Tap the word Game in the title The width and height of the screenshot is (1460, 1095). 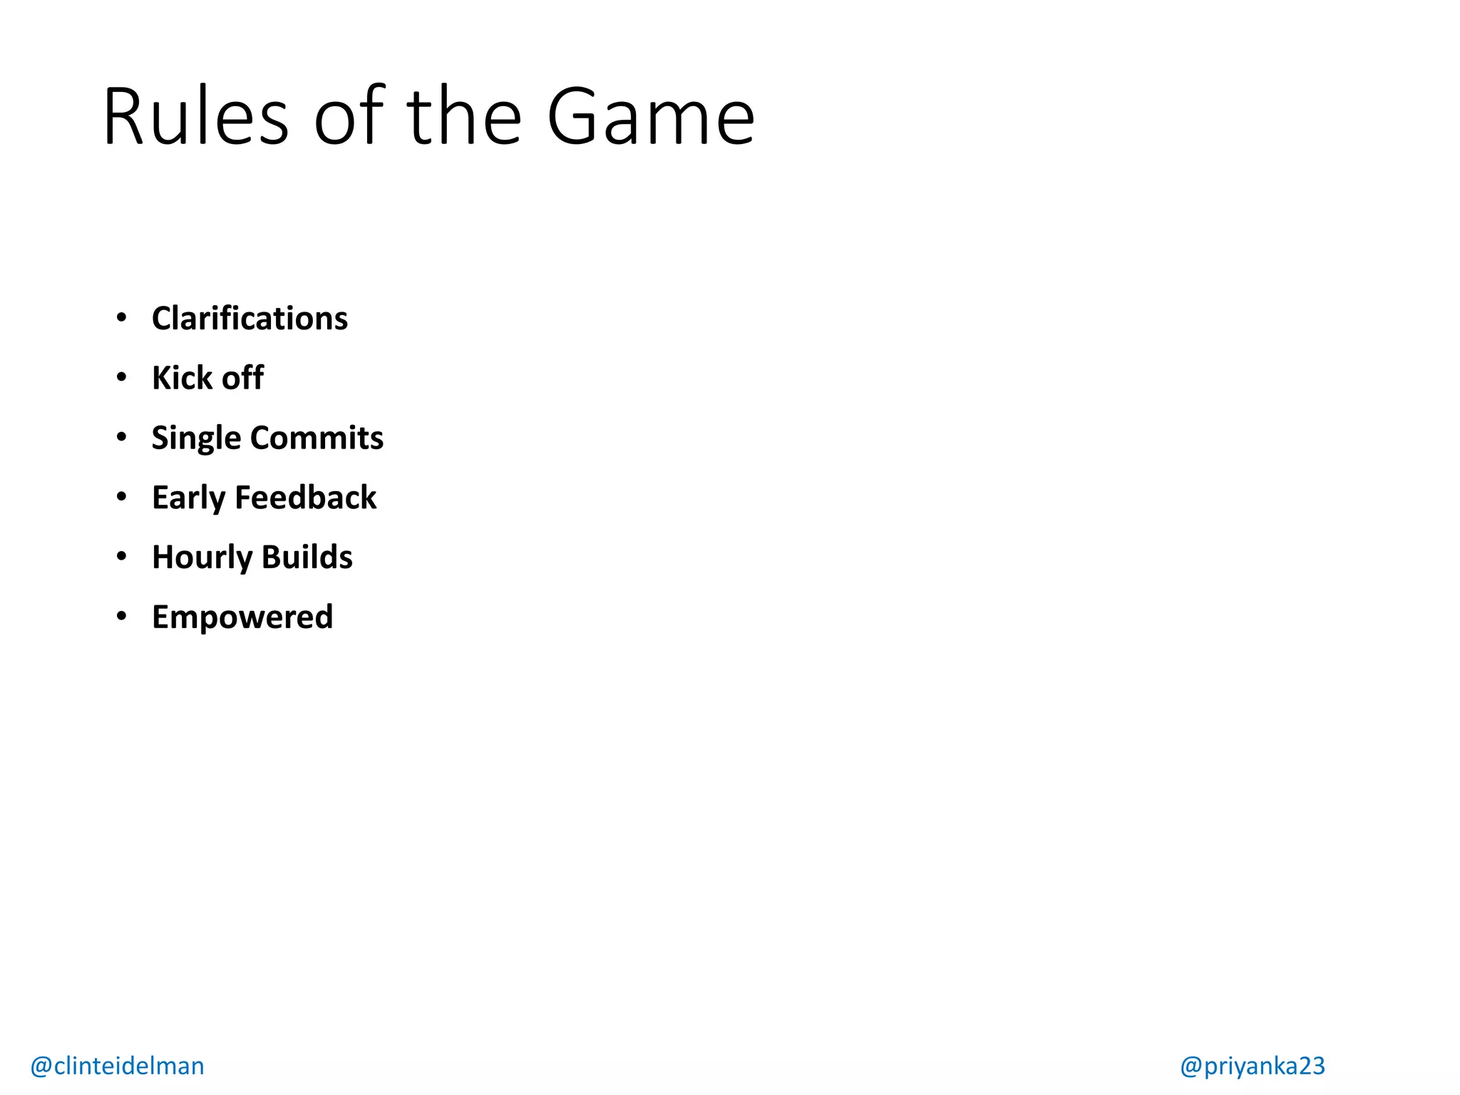[x=650, y=117]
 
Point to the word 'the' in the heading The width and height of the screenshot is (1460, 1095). [x=464, y=117]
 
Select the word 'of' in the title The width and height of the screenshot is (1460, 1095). [x=349, y=117]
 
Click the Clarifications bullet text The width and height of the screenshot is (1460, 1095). [x=250, y=319]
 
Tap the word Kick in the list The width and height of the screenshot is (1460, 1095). [x=182, y=378]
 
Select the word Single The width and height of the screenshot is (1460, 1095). [x=196, y=438]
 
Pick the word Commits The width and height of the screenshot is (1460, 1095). [x=317, y=438]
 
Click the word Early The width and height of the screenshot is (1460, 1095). [x=188, y=498]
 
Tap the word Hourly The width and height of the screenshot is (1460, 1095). [x=202, y=558]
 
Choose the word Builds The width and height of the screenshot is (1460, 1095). [x=307, y=557]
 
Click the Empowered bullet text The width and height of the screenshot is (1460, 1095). [x=242, y=617]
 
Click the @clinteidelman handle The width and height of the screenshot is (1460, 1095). [x=117, y=1066]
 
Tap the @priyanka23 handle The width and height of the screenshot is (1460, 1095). [x=1253, y=1066]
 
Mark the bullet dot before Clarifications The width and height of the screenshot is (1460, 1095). [x=122, y=317]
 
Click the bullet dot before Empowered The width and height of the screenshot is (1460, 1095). [x=122, y=616]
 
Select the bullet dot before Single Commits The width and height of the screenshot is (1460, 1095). [x=122, y=436]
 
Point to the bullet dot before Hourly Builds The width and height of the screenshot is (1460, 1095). [x=122, y=556]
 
